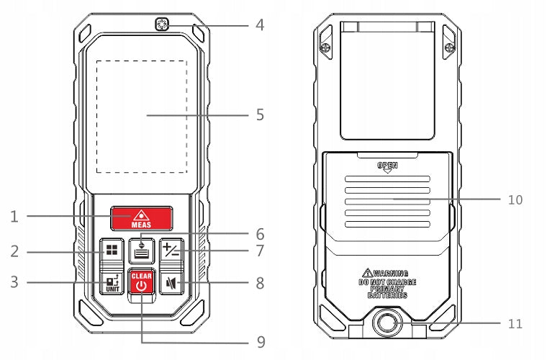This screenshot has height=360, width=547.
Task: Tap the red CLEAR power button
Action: point(142,282)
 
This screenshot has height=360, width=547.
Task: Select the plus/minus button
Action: point(171,251)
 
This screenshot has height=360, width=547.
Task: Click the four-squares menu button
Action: point(112,251)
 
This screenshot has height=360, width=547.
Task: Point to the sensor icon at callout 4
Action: point(161,24)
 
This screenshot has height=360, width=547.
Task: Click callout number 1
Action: point(14,217)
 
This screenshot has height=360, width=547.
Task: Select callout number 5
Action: point(260,114)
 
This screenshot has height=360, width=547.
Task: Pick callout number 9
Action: point(261,342)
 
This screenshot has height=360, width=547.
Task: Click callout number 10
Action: point(515,200)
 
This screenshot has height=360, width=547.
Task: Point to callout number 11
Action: point(515,324)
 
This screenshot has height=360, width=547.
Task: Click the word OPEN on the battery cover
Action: point(387,165)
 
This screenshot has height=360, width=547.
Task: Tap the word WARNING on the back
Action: point(390,273)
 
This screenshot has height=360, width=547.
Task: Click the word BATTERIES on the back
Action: point(387,295)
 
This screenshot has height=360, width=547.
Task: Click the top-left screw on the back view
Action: point(325,48)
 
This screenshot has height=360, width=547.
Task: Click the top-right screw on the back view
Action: point(449,48)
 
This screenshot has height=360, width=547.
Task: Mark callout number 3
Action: point(14,282)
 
